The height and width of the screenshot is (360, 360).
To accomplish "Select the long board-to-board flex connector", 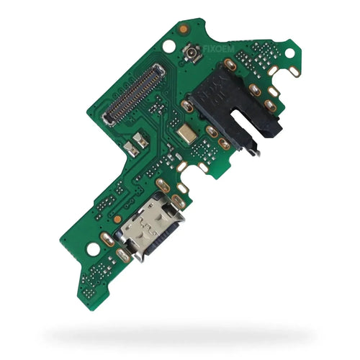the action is pyautogui.click(x=134, y=95).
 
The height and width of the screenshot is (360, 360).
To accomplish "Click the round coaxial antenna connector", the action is pyautogui.click(x=192, y=53).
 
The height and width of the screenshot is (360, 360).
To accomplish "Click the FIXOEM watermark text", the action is pyautogui.click(x=219, y=50).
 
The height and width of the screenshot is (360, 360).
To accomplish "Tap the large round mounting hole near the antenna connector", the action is pyautogui.click(x=168, y=47).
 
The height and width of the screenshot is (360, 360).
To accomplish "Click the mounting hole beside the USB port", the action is pyautogui.click(x=93, y=249).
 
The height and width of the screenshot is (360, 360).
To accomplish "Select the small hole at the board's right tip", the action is pyautogui.click(x=289, y=53).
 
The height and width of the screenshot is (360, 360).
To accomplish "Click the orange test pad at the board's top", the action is pyautogui.click(x=183, y=30).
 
